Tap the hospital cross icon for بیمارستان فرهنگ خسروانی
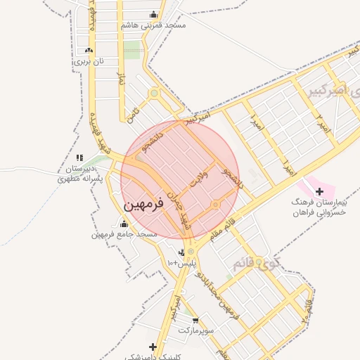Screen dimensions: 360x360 click(319, 191)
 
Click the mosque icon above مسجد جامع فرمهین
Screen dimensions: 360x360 click(124, 224)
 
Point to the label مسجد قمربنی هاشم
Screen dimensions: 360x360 click(153, 25)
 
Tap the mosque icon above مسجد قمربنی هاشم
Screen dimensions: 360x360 click(154, 15)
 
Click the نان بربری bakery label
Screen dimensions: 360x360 click(89, 61)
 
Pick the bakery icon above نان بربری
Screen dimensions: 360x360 click(89, 51)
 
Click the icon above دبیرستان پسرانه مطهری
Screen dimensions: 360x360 click(79, 157)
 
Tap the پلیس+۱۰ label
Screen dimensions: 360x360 click(179, 262)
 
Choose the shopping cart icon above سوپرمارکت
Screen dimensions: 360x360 click(195, 321)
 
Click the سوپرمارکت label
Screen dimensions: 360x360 click(195, 330)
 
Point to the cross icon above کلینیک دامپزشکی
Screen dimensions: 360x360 click(153, 347)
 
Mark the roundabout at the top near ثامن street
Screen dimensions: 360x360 click(153, 93)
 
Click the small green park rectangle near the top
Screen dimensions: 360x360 click(132, 50)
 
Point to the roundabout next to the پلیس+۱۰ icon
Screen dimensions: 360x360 click(191, 251)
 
